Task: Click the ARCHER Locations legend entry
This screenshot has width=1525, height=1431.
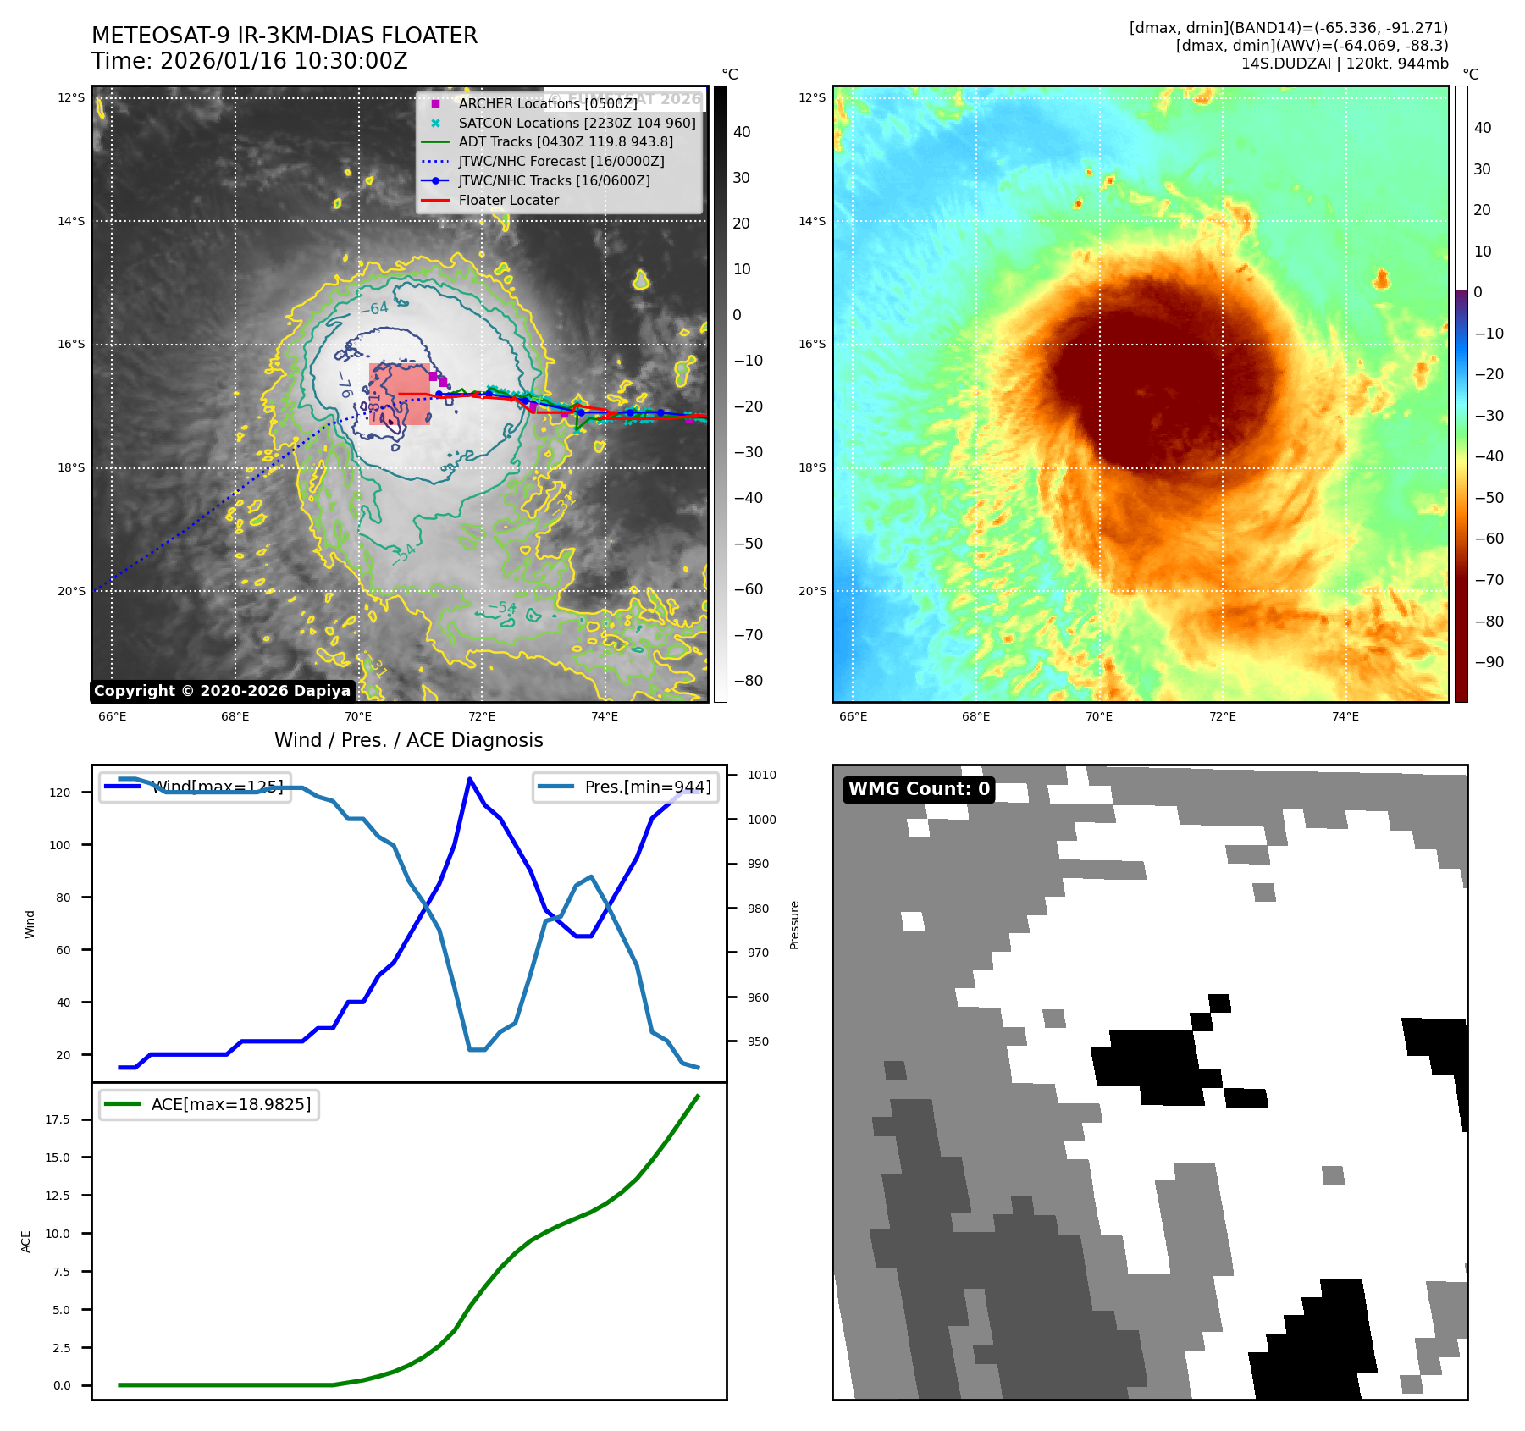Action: click(547, 103)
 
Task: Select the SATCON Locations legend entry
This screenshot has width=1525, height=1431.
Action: click(576, 123)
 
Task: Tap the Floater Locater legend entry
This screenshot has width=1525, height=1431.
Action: click(508, 201)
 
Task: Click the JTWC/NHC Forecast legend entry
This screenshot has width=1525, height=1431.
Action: click(561, 161)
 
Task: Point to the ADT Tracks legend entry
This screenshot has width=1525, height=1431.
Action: click(565, 142)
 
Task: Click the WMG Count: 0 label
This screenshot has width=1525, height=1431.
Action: click(919, 789)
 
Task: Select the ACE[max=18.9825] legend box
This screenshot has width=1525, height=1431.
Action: click(209, 1104)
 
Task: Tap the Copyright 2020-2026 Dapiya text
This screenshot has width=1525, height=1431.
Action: click(222, 691)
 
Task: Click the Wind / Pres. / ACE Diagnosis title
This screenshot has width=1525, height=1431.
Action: click(408, 740)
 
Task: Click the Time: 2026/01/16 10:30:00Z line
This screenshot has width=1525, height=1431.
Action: click(250, 62)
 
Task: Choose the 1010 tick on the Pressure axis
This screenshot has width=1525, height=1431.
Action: click(761, 775)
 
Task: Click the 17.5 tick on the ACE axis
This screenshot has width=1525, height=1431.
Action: click(58, 1119)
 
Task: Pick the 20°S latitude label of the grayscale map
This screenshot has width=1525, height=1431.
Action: click(71, 591)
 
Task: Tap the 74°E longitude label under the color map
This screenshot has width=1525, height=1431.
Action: click(1345, 716)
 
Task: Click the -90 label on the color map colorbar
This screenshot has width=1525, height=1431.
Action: click(1489, 662)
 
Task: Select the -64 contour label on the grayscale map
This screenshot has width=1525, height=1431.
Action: click(373, 309)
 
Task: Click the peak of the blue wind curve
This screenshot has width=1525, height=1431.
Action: click(469, 778)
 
